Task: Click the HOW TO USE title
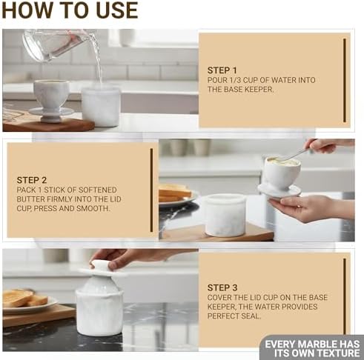tap(70, 10)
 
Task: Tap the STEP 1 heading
tap(222, 70)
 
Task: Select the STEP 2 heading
tap(32, 180)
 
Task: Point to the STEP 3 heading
tap(222, 287)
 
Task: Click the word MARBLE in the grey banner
tap(317, 344)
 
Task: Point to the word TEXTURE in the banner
tap(338, 353)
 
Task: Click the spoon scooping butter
tap(295, 154)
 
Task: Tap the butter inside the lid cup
tap(282, 161)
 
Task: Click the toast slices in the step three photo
tap(24, 298)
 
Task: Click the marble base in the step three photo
tap(99, 313)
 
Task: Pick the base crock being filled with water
tap(101, 107)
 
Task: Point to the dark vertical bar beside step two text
tap(151, 190)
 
